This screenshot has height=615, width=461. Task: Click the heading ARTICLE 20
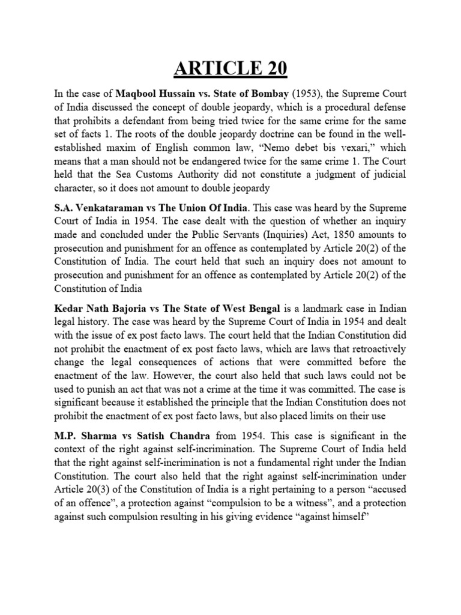coord(230,68)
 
